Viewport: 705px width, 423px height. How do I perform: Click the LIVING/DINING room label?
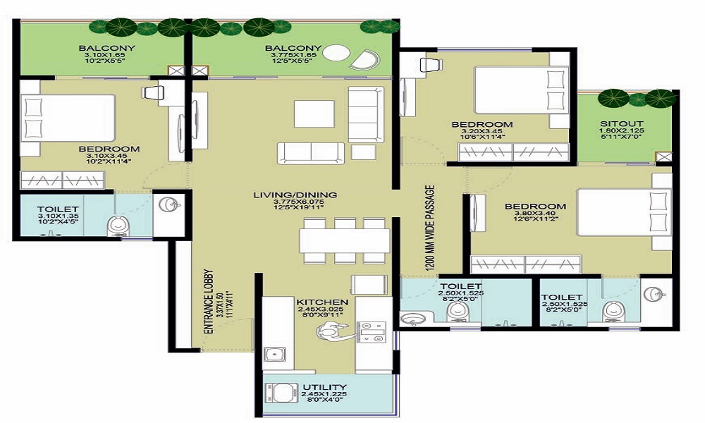295,195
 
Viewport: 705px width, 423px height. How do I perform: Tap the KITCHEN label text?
322,302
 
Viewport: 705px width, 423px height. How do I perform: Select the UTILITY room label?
324,387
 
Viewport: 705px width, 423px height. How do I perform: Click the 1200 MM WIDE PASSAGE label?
429,224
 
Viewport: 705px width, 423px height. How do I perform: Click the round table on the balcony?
337,55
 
